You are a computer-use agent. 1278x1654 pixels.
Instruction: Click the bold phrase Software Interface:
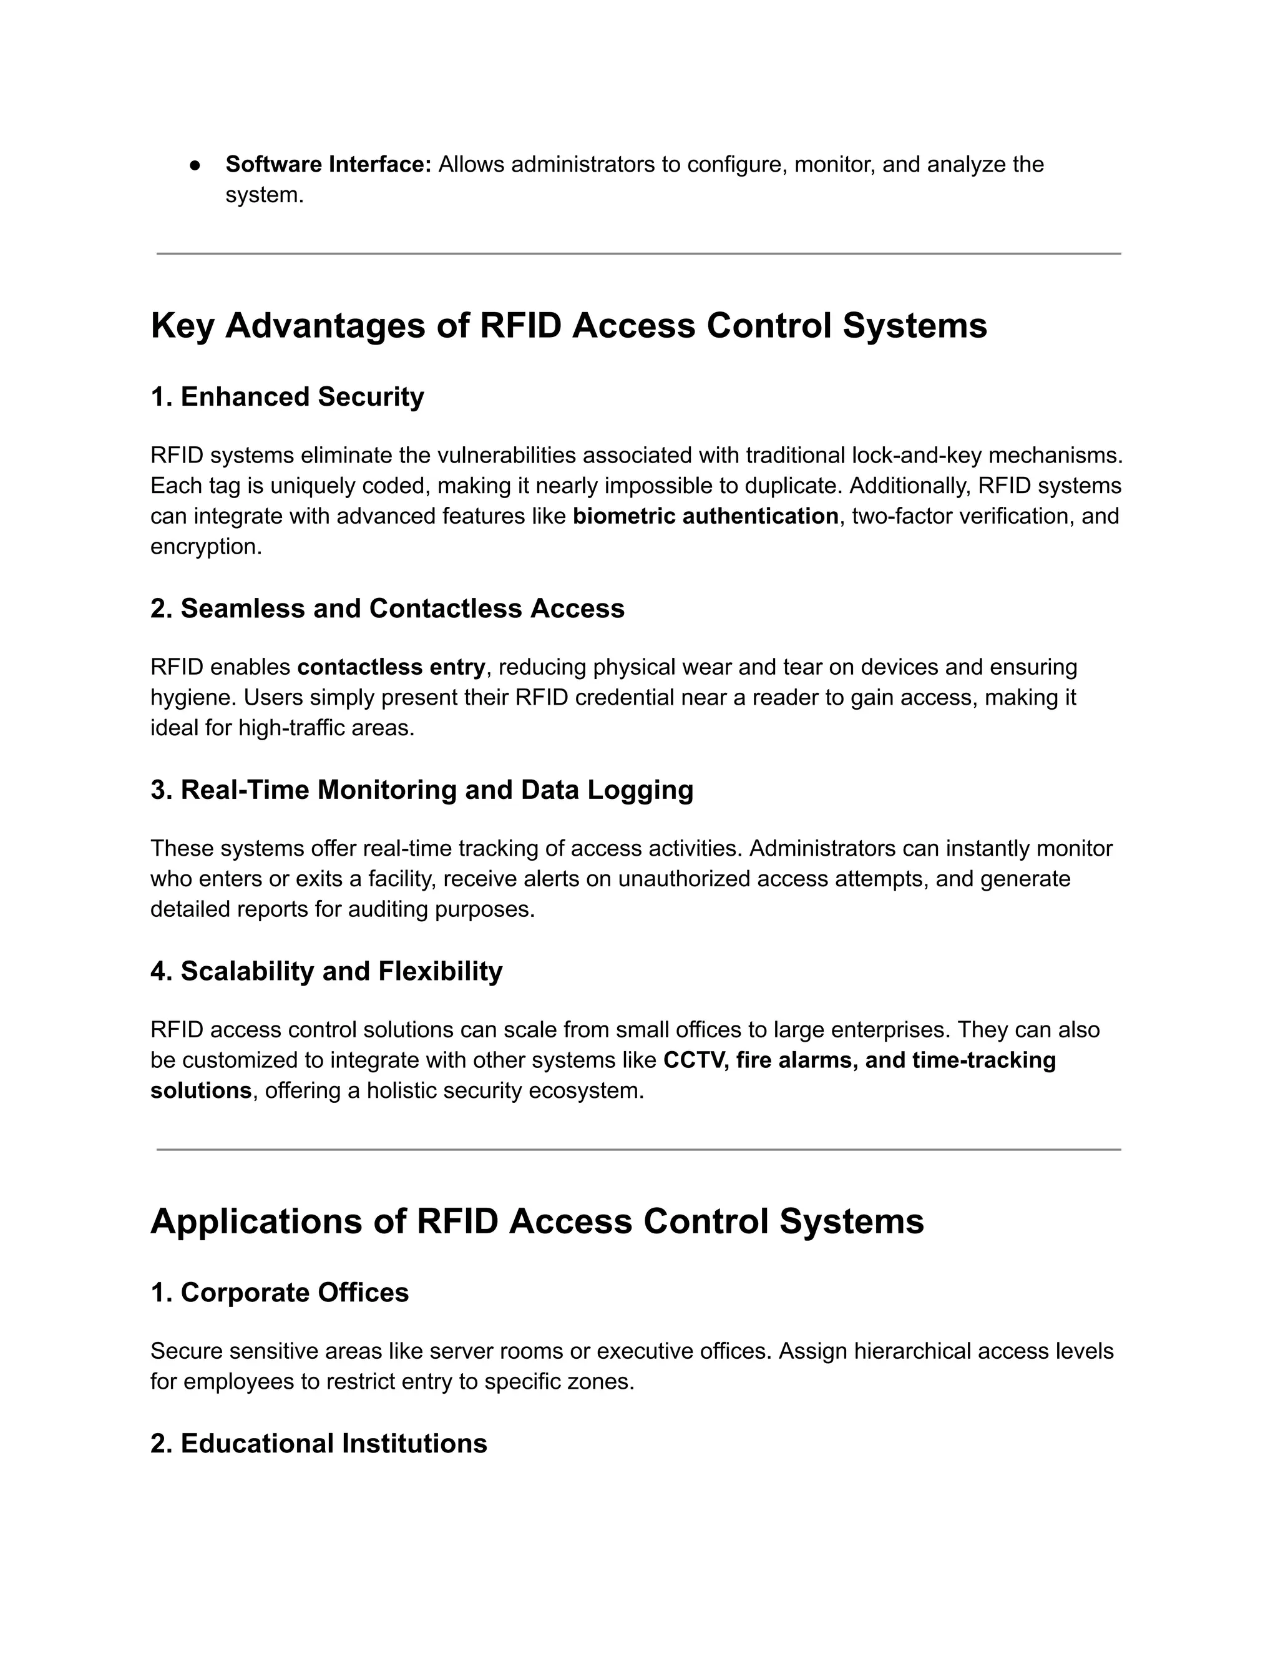coord(328,164)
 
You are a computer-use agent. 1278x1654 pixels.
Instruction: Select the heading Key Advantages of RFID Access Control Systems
coord(568,326)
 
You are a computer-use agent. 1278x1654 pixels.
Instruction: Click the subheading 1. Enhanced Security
coord(287,397)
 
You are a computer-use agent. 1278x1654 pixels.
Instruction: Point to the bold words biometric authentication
coord(705,517)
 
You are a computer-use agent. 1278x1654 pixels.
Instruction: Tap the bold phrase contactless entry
coord(391,667)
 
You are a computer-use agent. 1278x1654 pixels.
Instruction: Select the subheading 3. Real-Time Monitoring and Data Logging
coord(422,790)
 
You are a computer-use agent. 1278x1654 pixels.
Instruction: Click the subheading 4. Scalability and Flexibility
coord(326,972)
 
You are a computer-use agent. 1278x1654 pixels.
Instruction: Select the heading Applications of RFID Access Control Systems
coord(537,1222)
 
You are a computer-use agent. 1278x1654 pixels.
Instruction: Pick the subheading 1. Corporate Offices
coord(280,1293)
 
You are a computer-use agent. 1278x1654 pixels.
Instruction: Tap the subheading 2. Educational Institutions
coord(319,1444)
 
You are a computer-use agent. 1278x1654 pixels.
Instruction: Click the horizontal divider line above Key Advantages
coord(638,253)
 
